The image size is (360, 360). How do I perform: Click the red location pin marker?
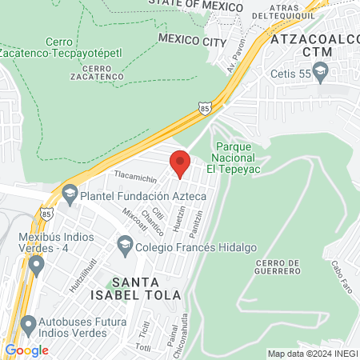coord(180,164)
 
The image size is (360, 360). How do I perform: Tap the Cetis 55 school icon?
coord(321,73)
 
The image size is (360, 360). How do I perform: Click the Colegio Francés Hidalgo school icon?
coord(124,242)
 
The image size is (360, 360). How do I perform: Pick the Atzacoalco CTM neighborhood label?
coord(312,45)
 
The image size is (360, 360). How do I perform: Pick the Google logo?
coord(27,350)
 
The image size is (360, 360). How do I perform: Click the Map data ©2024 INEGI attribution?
coord(312,354)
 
